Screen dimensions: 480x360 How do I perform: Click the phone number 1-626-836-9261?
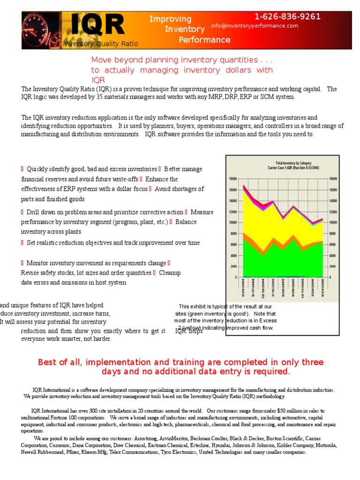(287, 17)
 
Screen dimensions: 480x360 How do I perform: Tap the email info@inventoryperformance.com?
(254, 26)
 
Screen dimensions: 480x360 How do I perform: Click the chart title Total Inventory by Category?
(286, 163)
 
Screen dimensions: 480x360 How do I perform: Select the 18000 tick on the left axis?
(233, 179)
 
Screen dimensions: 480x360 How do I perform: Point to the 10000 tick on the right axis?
(333, 222)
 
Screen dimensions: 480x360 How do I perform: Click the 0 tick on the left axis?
(235, 277)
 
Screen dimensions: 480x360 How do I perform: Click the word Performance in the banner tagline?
(204, 40)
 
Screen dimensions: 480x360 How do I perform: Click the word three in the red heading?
(312, 362)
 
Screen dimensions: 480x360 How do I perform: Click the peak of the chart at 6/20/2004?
(244, 185)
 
